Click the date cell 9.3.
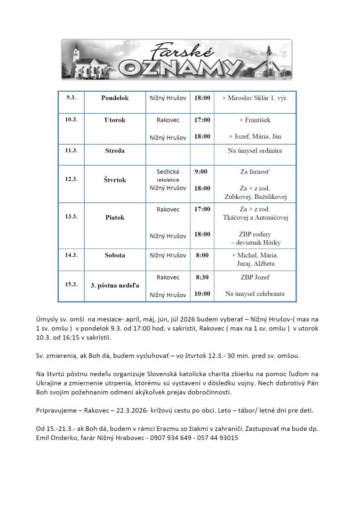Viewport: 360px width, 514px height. click(x=71, y=97)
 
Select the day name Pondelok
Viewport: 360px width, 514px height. click(x=115, y=98)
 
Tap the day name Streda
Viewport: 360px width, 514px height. click(x=115, y=151)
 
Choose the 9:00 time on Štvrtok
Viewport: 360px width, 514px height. click(x=201, y=172)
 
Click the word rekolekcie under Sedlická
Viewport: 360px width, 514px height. click(x=168, y=180)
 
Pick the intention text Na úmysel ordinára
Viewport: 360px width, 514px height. click(x=255, y=150)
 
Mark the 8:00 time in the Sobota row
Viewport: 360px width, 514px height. click(x=202, y=255)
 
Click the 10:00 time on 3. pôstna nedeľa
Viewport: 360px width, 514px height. click(x=202, y=294)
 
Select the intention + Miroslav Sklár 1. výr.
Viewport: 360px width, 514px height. click(x=255, y=98)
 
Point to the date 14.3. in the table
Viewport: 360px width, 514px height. click(x=71, y=254)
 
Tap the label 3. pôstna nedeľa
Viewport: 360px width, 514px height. click(x=115, y=285)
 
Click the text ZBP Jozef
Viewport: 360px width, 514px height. click(x=255, y=277)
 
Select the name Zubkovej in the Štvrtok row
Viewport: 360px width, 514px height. click(x=239, y=197)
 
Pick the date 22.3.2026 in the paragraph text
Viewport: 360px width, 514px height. click(x=130, y=410)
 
